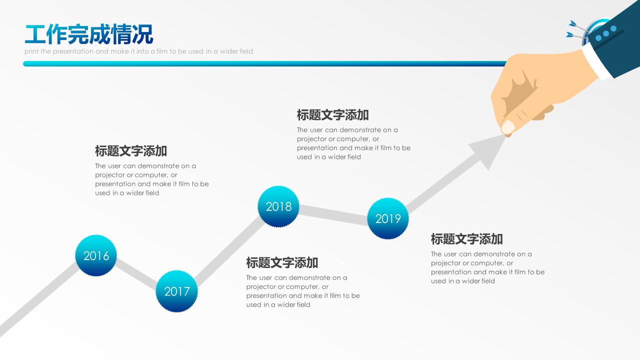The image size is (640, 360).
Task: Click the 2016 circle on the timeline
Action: (x=96, y=255)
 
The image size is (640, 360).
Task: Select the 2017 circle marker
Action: (x=176, y=291)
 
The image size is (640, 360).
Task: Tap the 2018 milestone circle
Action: (x=278, y=206)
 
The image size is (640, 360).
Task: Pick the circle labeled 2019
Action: (x=387, y=218)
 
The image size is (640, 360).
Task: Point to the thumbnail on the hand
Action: (x=508, y=127)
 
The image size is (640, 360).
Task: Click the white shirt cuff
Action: (x=595, y=61)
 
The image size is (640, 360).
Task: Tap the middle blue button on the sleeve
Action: (x=606, y=33)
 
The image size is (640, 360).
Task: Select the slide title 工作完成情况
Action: (x=89, y=34)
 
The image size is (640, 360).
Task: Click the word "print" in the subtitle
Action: (x=30, y=51)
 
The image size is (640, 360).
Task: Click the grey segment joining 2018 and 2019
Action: (x=333, y=215)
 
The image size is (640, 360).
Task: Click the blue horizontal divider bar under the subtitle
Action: (x=265, y=63)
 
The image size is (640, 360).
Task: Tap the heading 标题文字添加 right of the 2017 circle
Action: (x=282, y=263)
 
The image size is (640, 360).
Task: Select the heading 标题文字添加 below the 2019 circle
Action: (x=466, y=239)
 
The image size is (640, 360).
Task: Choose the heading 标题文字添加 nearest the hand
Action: (x=332, y=115)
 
